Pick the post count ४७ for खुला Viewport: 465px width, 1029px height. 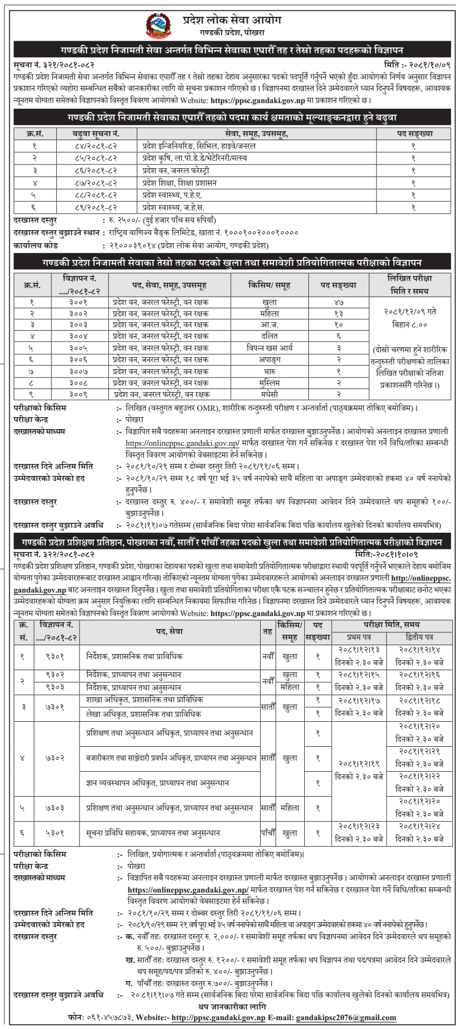tap(339, 302)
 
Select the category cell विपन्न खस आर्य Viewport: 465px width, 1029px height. tap(269, 348)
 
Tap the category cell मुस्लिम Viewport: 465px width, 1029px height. tap(269, 383)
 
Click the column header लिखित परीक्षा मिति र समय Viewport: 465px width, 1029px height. tap(409, 284)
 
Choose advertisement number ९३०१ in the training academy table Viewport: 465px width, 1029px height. tap(55, 656)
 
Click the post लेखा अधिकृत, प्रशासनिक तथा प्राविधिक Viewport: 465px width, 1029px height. tap(144, 714)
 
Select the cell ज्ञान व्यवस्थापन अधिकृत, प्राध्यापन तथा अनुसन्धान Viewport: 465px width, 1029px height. tap(157, 783)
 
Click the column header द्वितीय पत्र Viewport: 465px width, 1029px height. tap(419, 637)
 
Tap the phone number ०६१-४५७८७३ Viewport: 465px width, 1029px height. tap(109, 1018)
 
